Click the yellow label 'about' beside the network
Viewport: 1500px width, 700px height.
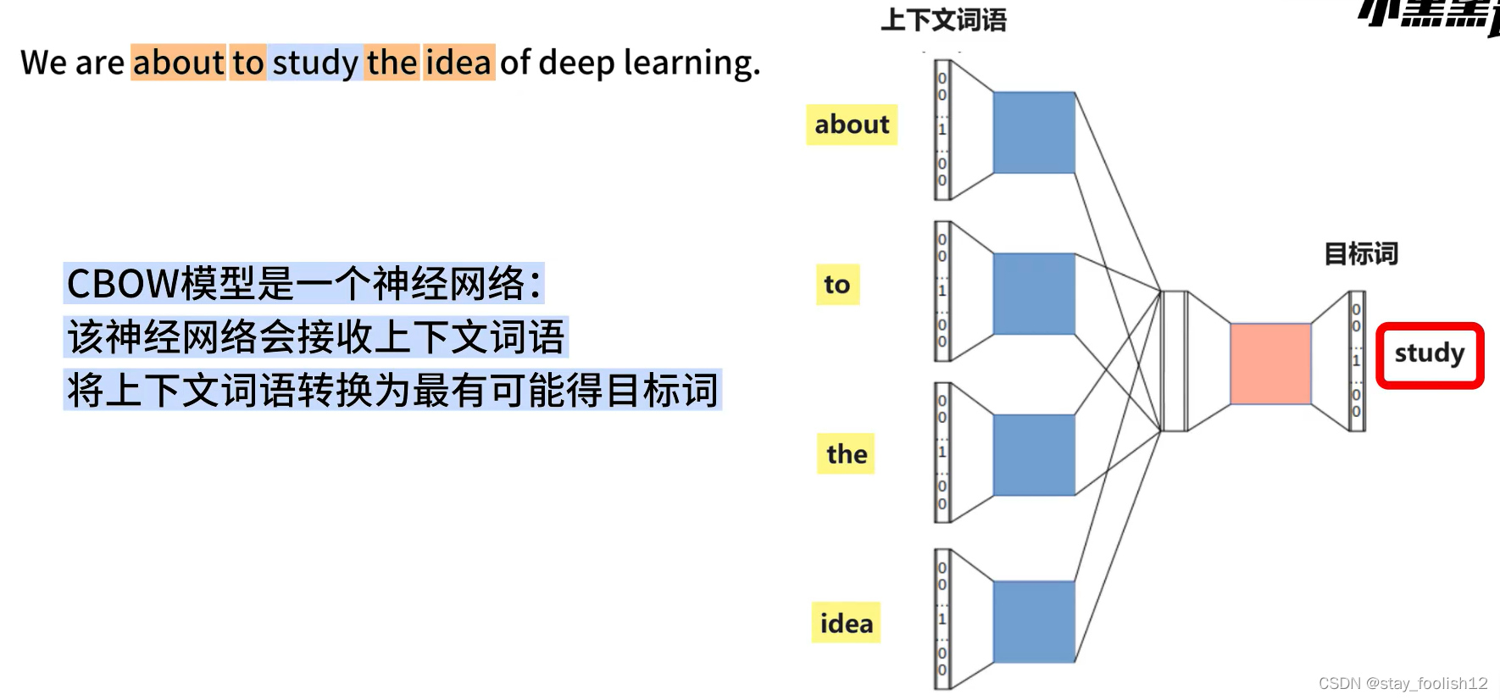(852, 125)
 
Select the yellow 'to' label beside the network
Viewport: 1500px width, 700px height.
(837, 285)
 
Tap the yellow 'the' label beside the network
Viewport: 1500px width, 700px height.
(847, 454)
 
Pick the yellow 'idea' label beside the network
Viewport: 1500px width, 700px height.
(846, 624)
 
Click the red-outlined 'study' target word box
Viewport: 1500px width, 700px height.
(1430, 354)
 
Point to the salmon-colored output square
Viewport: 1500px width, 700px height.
(1270, 364)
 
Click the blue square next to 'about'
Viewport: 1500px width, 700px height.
(1034, 133)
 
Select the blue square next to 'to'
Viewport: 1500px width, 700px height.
(1034, 294)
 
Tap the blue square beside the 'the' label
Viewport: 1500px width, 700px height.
(1034, 455)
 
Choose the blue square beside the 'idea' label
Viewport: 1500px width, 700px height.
(1034, 622)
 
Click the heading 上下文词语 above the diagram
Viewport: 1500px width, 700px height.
(943, 20)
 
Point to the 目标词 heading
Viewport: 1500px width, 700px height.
(1361, 253)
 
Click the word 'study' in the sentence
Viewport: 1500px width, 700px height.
(315, 64)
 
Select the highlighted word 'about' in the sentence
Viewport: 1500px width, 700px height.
(178, 64)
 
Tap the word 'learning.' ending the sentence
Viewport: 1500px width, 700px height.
(692, 64)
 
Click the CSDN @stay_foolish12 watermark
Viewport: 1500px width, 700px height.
(1403, 683)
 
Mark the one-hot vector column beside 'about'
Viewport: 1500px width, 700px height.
(942, 130)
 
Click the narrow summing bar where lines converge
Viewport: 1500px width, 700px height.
(1174, 361)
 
